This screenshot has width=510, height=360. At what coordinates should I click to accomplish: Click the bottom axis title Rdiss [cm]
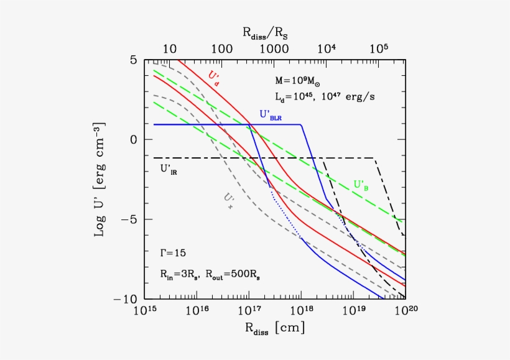275,328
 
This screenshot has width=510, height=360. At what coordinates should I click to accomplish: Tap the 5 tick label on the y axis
133,60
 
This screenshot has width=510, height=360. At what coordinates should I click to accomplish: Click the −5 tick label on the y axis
129,219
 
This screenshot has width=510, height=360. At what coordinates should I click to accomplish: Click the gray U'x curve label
228,198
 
